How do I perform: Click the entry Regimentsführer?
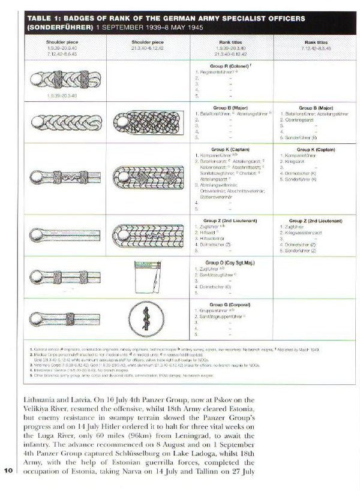tap(216, 72)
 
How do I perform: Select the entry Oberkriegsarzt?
tap(300, 119)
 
